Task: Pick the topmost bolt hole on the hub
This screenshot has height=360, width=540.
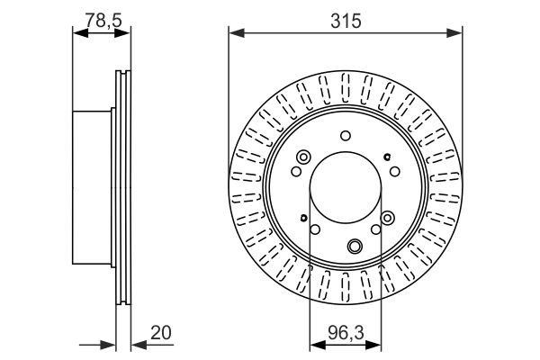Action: tap(346, 137)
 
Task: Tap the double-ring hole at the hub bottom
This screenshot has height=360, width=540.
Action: tap(355, 245)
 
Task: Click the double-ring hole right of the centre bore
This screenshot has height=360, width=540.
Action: tap(388, 217)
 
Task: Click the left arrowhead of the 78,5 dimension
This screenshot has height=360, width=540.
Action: tap(77, 33)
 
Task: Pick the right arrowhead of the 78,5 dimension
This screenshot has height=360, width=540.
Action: tap(125, 33)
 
